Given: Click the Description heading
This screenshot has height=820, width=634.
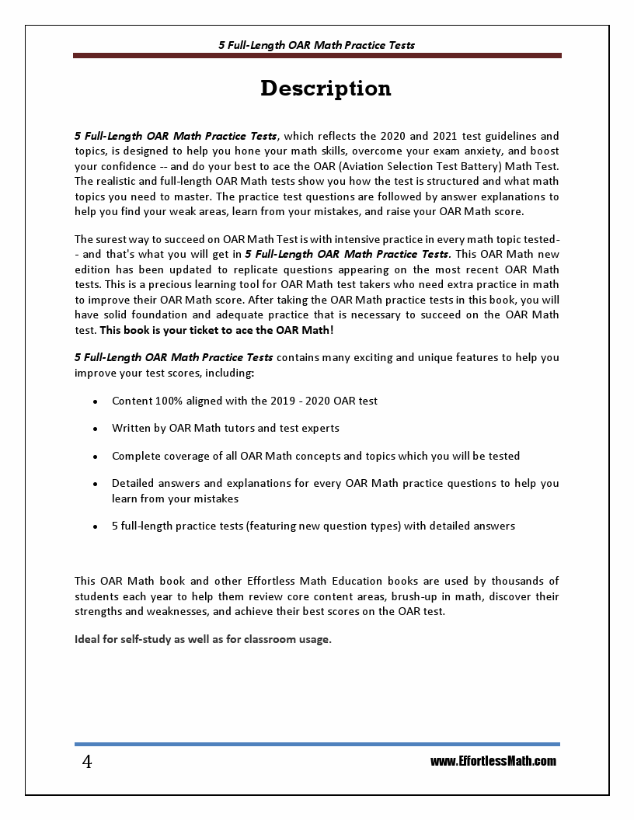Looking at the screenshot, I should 326,89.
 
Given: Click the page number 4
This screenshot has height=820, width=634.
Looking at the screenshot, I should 87,762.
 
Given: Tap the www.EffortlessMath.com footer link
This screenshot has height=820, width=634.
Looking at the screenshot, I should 493,761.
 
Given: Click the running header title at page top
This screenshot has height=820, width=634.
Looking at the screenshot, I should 316,45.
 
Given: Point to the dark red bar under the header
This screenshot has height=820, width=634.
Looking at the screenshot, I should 317,56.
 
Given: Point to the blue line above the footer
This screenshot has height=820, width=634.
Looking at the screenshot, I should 317,744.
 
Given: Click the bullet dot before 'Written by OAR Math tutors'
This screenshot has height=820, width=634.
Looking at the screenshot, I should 95,429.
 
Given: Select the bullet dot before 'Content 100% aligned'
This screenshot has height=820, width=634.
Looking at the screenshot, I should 95,401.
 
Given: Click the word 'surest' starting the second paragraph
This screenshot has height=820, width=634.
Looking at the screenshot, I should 113,238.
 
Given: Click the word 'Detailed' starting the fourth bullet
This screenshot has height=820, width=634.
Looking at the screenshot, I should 134,483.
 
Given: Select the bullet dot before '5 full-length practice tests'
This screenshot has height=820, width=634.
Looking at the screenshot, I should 95,526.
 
